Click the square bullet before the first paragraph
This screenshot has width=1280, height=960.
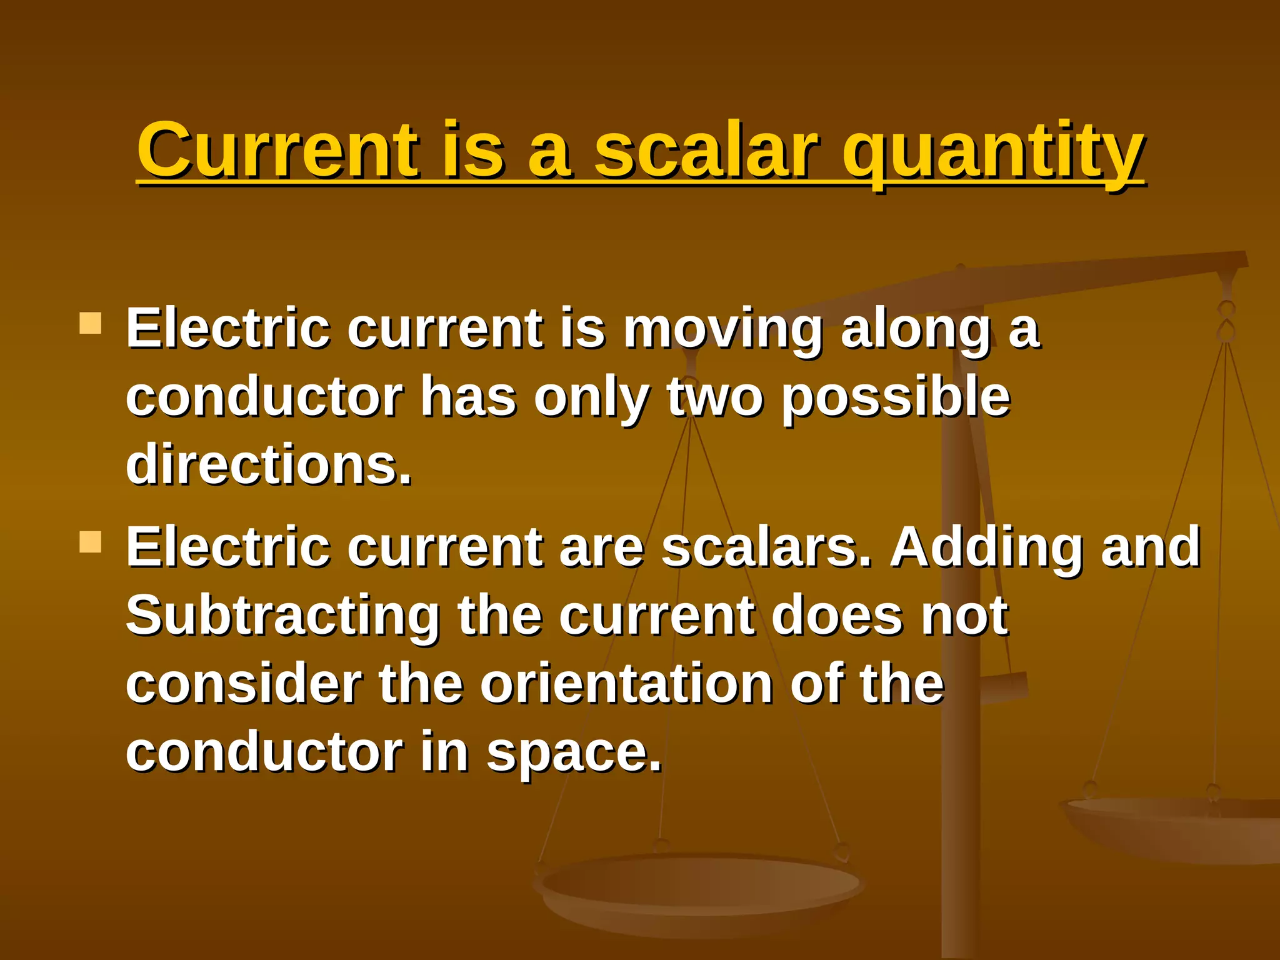[91, 324]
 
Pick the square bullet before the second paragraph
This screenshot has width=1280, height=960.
[91, 542]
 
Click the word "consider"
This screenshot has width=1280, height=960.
[244, 684]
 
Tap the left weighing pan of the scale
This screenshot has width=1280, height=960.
[699, 887]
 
